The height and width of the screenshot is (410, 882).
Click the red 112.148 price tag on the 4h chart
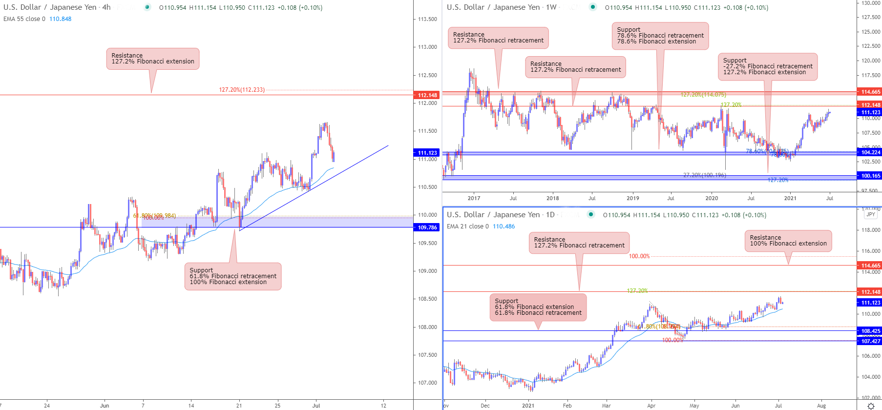427,95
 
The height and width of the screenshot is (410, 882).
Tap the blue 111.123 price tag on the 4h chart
427,153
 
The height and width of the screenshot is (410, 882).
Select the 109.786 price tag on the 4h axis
427,227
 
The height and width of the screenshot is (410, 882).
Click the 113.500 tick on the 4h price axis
427,19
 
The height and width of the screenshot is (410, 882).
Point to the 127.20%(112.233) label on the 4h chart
242,90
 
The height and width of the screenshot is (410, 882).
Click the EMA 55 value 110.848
60,19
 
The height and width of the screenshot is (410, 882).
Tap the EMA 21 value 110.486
504,226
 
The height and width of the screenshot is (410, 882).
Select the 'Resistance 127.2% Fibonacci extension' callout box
153,59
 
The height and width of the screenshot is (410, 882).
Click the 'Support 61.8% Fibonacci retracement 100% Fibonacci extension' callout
233,276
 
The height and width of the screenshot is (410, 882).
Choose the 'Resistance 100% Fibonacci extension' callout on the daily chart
788,241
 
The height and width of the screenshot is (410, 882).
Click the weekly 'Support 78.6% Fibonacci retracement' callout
660,36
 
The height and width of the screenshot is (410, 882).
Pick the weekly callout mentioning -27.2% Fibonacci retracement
768,66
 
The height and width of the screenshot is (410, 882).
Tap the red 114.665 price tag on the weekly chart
870,92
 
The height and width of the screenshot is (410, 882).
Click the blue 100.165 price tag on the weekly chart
870,176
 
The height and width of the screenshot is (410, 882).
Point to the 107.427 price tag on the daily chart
870,341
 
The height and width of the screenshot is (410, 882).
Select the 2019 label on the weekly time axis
632,198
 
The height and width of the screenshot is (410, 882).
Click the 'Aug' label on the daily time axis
821,406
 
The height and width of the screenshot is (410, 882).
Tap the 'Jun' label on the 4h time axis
105,406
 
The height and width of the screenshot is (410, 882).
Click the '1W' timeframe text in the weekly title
551,7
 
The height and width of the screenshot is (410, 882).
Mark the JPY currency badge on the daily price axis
870,214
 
